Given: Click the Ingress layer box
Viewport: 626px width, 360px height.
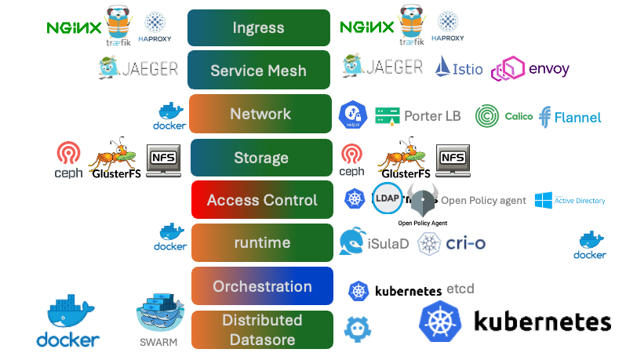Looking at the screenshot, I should [258, 28].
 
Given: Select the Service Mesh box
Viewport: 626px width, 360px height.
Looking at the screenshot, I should [258, 71].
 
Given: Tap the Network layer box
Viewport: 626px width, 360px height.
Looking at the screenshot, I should [260, 115].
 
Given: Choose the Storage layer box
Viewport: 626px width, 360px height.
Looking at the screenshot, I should [260, 158].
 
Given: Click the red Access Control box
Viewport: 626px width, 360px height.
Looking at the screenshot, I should [262, 200].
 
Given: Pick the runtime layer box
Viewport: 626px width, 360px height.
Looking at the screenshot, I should [262, 243].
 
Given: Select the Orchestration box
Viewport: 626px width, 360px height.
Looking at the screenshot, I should [262, 286].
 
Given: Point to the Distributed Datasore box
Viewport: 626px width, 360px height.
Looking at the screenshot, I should [262, 329].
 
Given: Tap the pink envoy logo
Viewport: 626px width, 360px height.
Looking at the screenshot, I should [530, 69].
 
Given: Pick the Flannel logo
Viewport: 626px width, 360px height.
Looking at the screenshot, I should [570, 117].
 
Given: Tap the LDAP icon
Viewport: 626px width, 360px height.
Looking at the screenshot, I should [387, 199].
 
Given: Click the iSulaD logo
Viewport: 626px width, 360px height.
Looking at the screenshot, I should [374, 243].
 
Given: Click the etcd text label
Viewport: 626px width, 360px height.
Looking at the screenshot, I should [459, 289].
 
